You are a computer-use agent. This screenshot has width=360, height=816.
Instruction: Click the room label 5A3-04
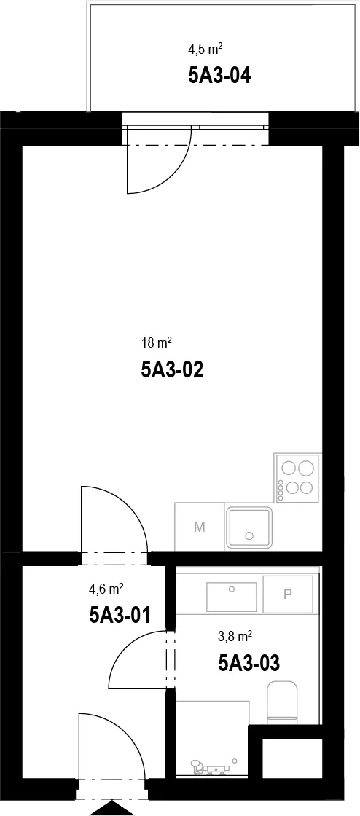point(220,76)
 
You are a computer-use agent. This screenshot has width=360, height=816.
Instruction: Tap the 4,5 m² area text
point(206,50)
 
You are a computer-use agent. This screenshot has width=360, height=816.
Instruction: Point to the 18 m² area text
point(157,343)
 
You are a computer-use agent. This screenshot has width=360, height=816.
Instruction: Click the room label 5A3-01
point(120,616)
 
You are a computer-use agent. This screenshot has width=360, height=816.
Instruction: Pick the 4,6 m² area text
point(106,589)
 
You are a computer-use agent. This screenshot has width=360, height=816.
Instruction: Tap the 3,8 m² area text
point(235,636)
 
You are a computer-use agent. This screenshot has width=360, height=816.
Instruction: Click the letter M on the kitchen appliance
point(199,527)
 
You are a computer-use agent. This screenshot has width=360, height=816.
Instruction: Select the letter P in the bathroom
point(287,595)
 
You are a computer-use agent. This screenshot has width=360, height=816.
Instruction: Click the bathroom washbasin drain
point(232,589)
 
